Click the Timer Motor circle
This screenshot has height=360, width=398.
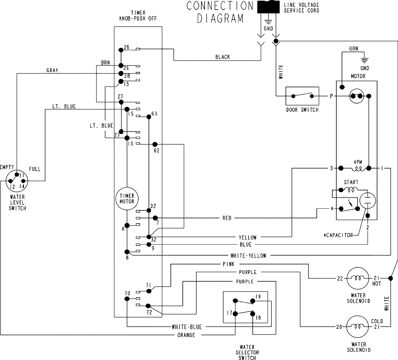click(x=127, y=198)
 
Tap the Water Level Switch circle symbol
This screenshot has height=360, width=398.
click(x=17, y=181)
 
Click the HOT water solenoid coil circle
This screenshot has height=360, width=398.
click(x=358, y=278)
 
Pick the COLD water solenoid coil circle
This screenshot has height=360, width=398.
click(x=358, y=327)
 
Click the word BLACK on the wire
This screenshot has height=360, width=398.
click(x=222, y=57)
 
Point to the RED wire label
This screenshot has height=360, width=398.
click(x=227, y=218)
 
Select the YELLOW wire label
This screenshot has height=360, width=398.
click(x=247, y=238)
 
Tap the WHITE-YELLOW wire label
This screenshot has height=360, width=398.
click(x=248, y=256)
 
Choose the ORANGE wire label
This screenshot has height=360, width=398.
click(x=186, y=335)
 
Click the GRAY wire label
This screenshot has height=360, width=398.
click(x=52, y=70)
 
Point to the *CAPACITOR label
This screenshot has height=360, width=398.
click(x=338, y=235)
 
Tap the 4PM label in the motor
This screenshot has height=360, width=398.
click(x=358, y=162)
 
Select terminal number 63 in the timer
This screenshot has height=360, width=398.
click(x=154, y=114)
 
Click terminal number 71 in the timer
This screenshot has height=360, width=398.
click(x=149, y=285)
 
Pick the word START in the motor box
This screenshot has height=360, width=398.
click(x=351, y=182)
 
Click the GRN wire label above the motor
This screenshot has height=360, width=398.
click(x=353, y=48)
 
